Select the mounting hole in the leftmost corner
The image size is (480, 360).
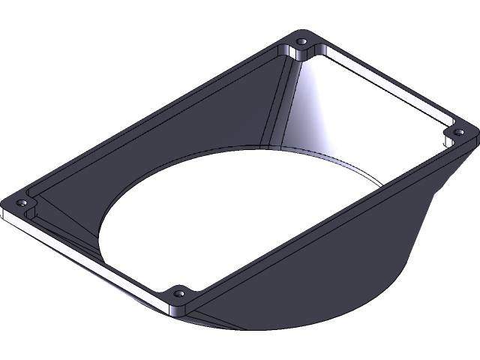22,203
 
